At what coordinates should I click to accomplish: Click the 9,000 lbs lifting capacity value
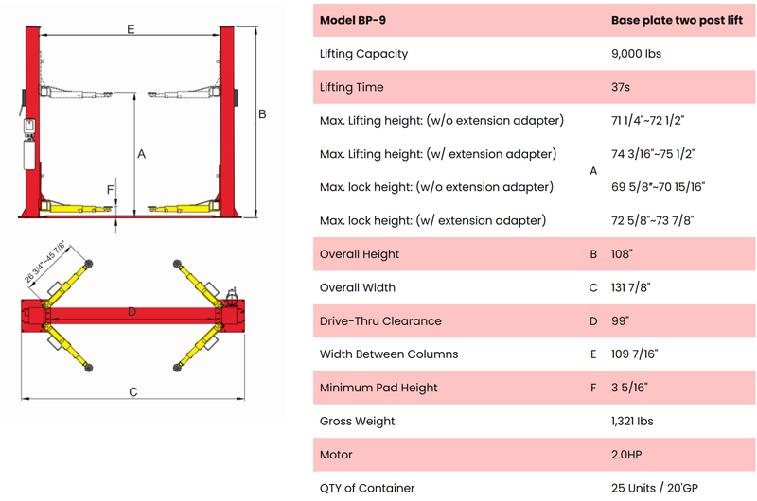[x=636, y=54]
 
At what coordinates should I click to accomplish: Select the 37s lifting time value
[x=621, y=87]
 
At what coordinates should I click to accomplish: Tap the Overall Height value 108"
[x=622, y=253]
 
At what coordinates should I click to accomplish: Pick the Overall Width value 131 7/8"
[x=630, y=287]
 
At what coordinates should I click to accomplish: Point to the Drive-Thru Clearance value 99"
[x=620, y=320]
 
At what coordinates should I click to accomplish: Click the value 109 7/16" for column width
[x=634, y=354]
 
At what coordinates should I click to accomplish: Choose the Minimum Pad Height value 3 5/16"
[x=629, y=388]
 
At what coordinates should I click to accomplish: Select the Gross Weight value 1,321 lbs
[x=632, y=421]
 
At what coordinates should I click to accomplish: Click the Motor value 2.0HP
[x=626, y=455]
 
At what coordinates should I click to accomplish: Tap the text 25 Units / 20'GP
[x=654, y=488]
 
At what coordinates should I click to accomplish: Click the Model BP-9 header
[x=352, y=20]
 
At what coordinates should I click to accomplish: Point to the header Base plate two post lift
[x=677, y=20]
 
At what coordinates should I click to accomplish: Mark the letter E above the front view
[x=131, y=29]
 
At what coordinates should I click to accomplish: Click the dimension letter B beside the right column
[x=262, y=114]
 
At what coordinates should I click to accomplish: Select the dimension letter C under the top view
[x=133, y=392]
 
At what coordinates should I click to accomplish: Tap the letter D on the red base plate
[x=132, y=312]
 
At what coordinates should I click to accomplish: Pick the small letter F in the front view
[x=110, y=189]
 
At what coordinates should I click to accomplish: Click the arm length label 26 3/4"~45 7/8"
[x=44, y=261]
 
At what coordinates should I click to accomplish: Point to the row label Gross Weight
[x=357, y=422]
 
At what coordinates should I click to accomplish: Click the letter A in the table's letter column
[x=593, y=171]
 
